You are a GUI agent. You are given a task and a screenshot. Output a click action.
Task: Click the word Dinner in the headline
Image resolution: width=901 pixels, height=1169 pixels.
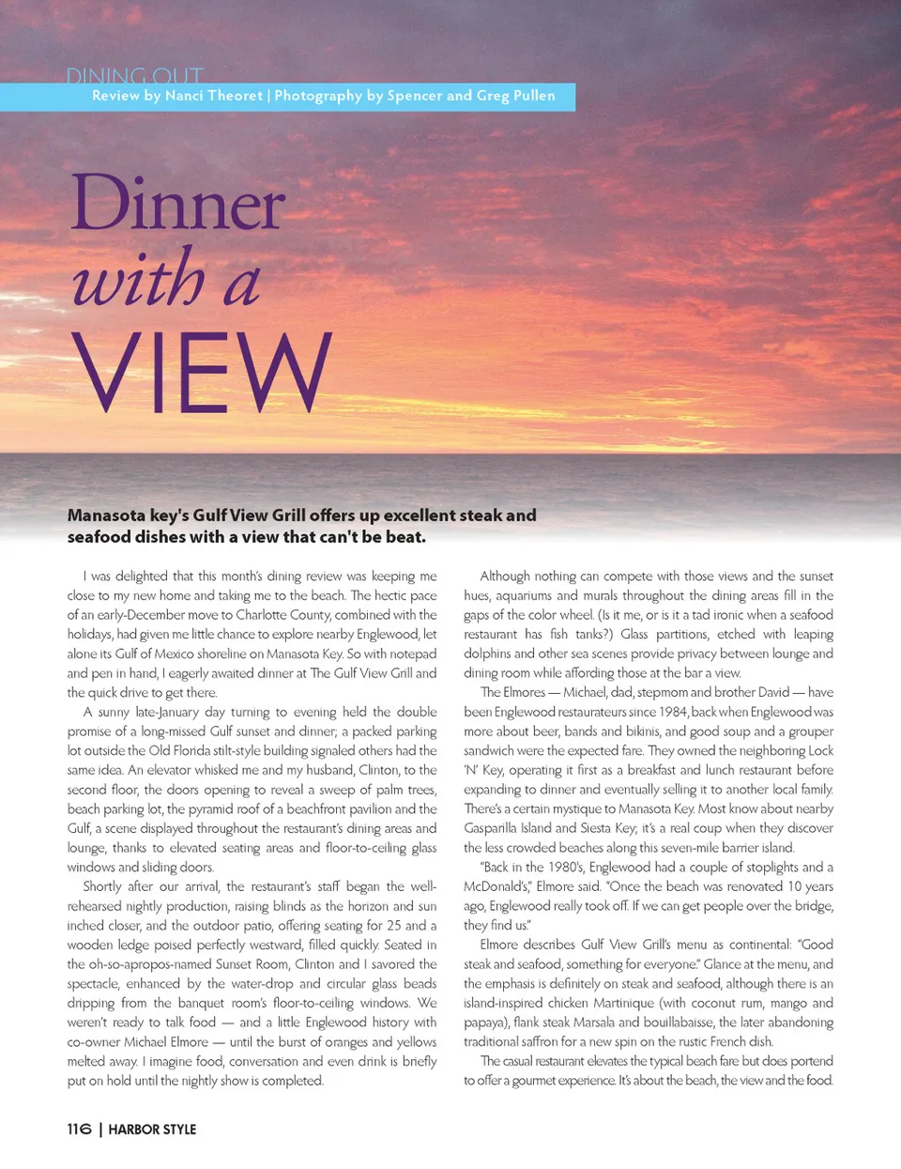(177, 205)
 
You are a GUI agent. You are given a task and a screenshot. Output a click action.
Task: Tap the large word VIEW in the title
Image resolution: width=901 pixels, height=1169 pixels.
(201, 372)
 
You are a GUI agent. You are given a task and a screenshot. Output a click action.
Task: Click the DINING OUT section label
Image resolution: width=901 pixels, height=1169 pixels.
(134, 75)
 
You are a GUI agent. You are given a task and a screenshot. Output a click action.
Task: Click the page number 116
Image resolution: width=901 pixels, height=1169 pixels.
(79, 1129)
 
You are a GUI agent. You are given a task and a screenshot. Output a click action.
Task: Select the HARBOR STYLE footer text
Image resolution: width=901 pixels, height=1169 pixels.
(152, 1130)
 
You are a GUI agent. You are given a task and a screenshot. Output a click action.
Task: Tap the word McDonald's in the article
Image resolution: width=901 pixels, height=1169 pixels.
(496, 886)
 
